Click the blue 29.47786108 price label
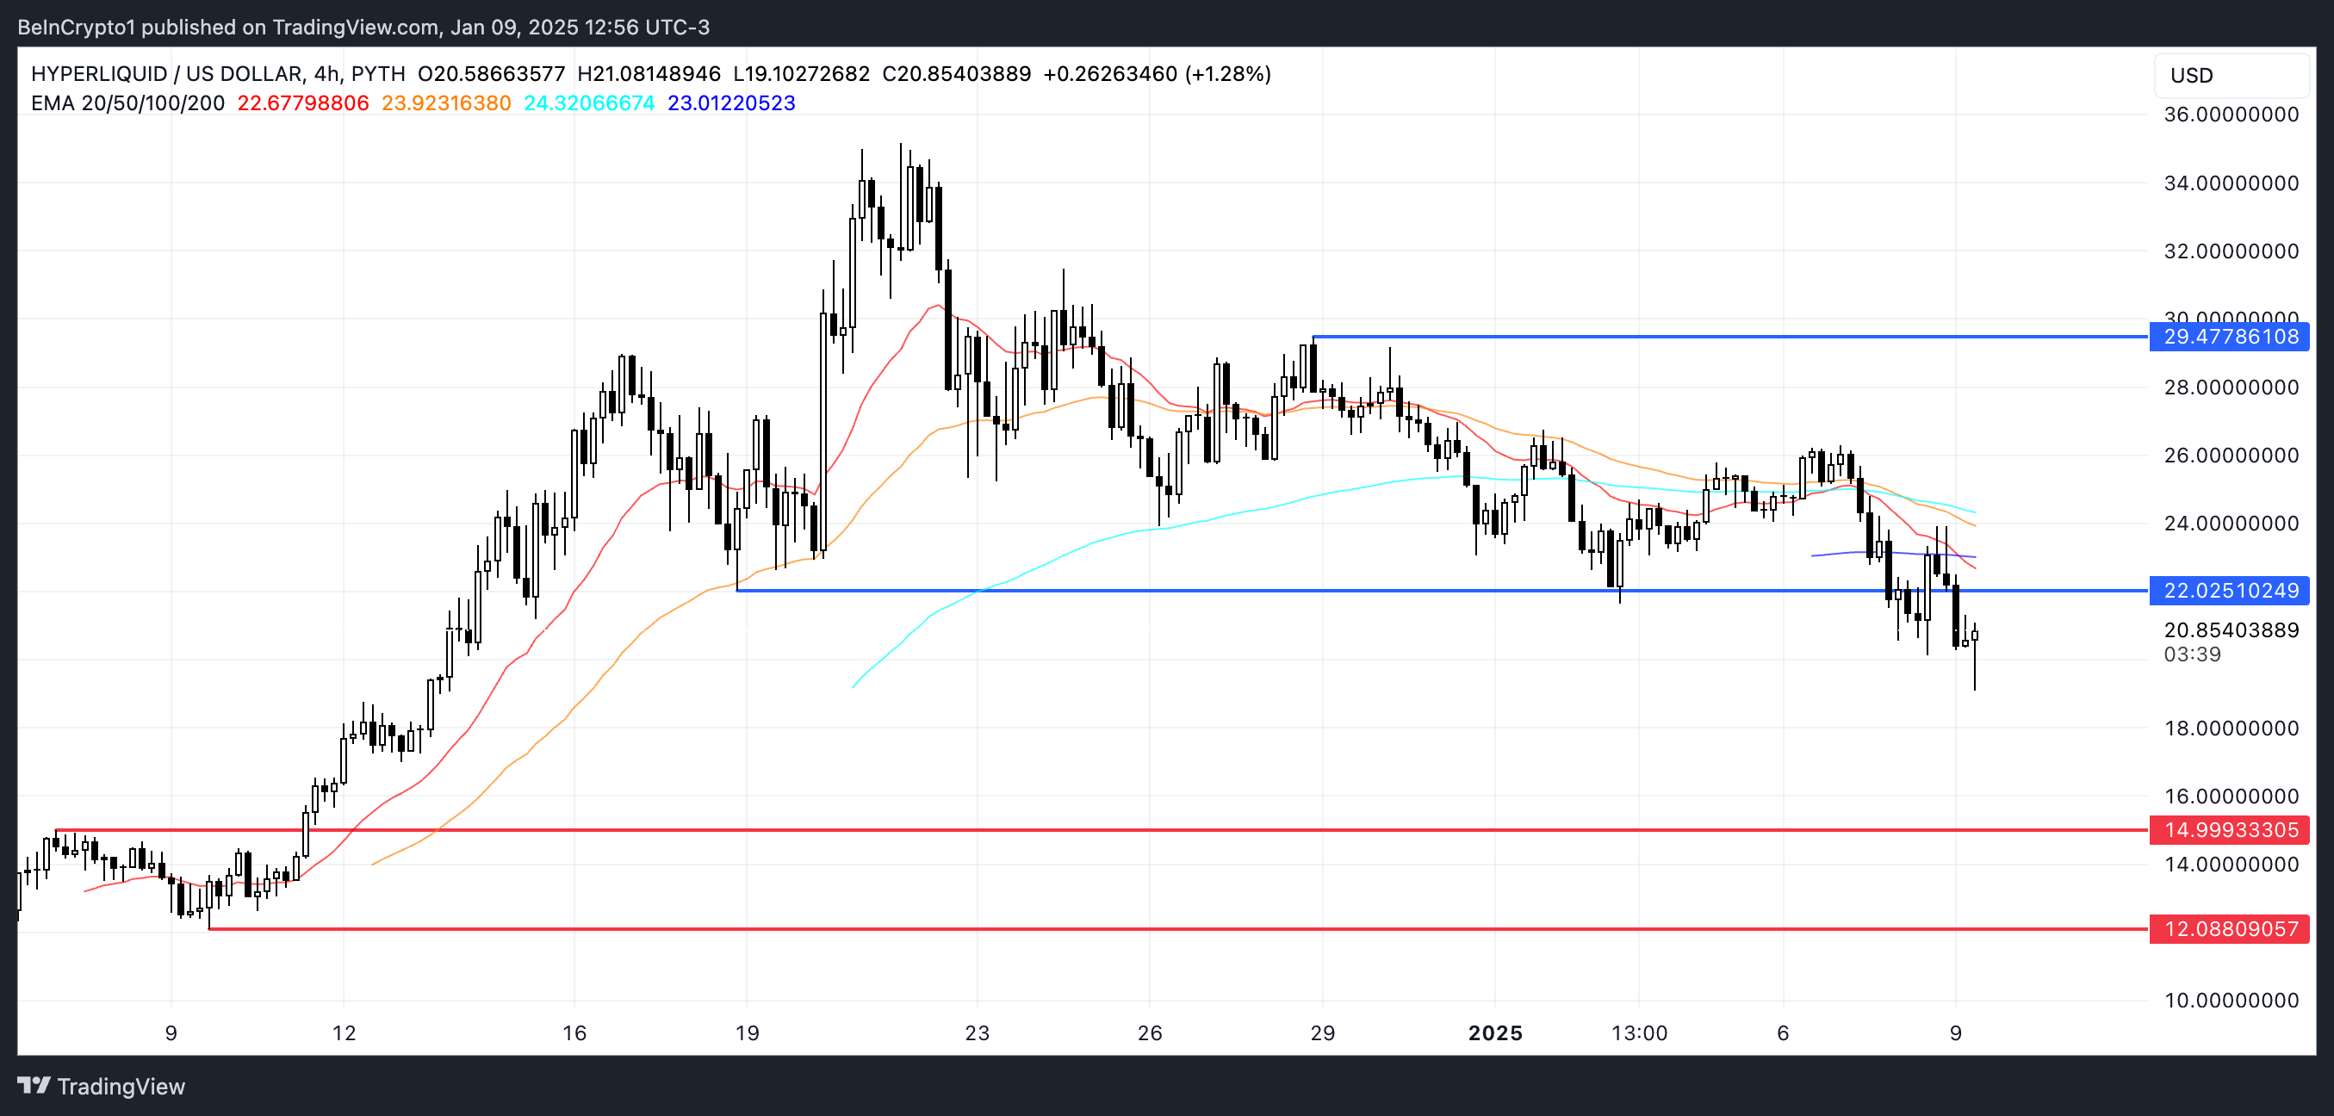point(2230,337)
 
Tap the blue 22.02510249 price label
point(2230,591)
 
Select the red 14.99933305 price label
point(2230,830)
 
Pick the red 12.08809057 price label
point(2230,928)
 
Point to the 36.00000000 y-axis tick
point(2231,115)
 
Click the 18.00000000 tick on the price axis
point(2231,728)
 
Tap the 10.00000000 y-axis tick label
point(2231,1000)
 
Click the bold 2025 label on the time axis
point(1495,1032)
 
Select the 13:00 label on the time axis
point(1639,1032)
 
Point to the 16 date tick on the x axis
point(574,1032)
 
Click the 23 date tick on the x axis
point(977,1032)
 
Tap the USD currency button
point(2192,75)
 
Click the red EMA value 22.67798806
point(302,103)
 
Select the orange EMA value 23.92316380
point(446,103)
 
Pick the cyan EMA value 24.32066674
point(589,103)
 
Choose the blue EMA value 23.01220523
point(731,103)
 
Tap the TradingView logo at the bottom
point(102,1086)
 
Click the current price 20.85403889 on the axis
point(2231,630)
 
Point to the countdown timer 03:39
point(2192,654)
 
